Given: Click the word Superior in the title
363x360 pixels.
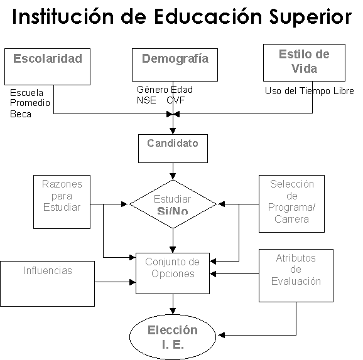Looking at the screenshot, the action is coord(310,18).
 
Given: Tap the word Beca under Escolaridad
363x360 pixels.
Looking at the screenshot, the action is coord(21,114).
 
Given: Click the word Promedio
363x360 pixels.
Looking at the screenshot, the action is coord(30,103).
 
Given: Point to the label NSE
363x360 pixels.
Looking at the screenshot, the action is coord(146,100).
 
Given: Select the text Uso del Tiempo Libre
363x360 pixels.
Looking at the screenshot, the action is coord(309,91).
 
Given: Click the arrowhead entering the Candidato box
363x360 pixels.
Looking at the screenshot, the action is coord(173,131).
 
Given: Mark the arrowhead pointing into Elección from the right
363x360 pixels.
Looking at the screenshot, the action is coord(222,335).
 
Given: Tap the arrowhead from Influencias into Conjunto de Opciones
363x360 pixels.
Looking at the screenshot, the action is coord(133,282).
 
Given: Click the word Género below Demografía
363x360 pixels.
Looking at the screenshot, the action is coord(153,90).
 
